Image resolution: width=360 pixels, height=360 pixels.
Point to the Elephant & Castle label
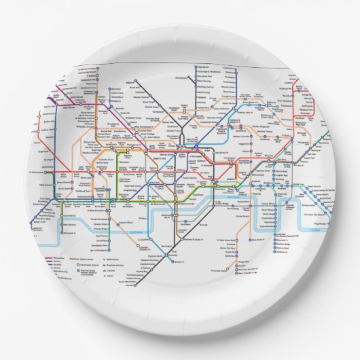[x=197, y=240]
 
